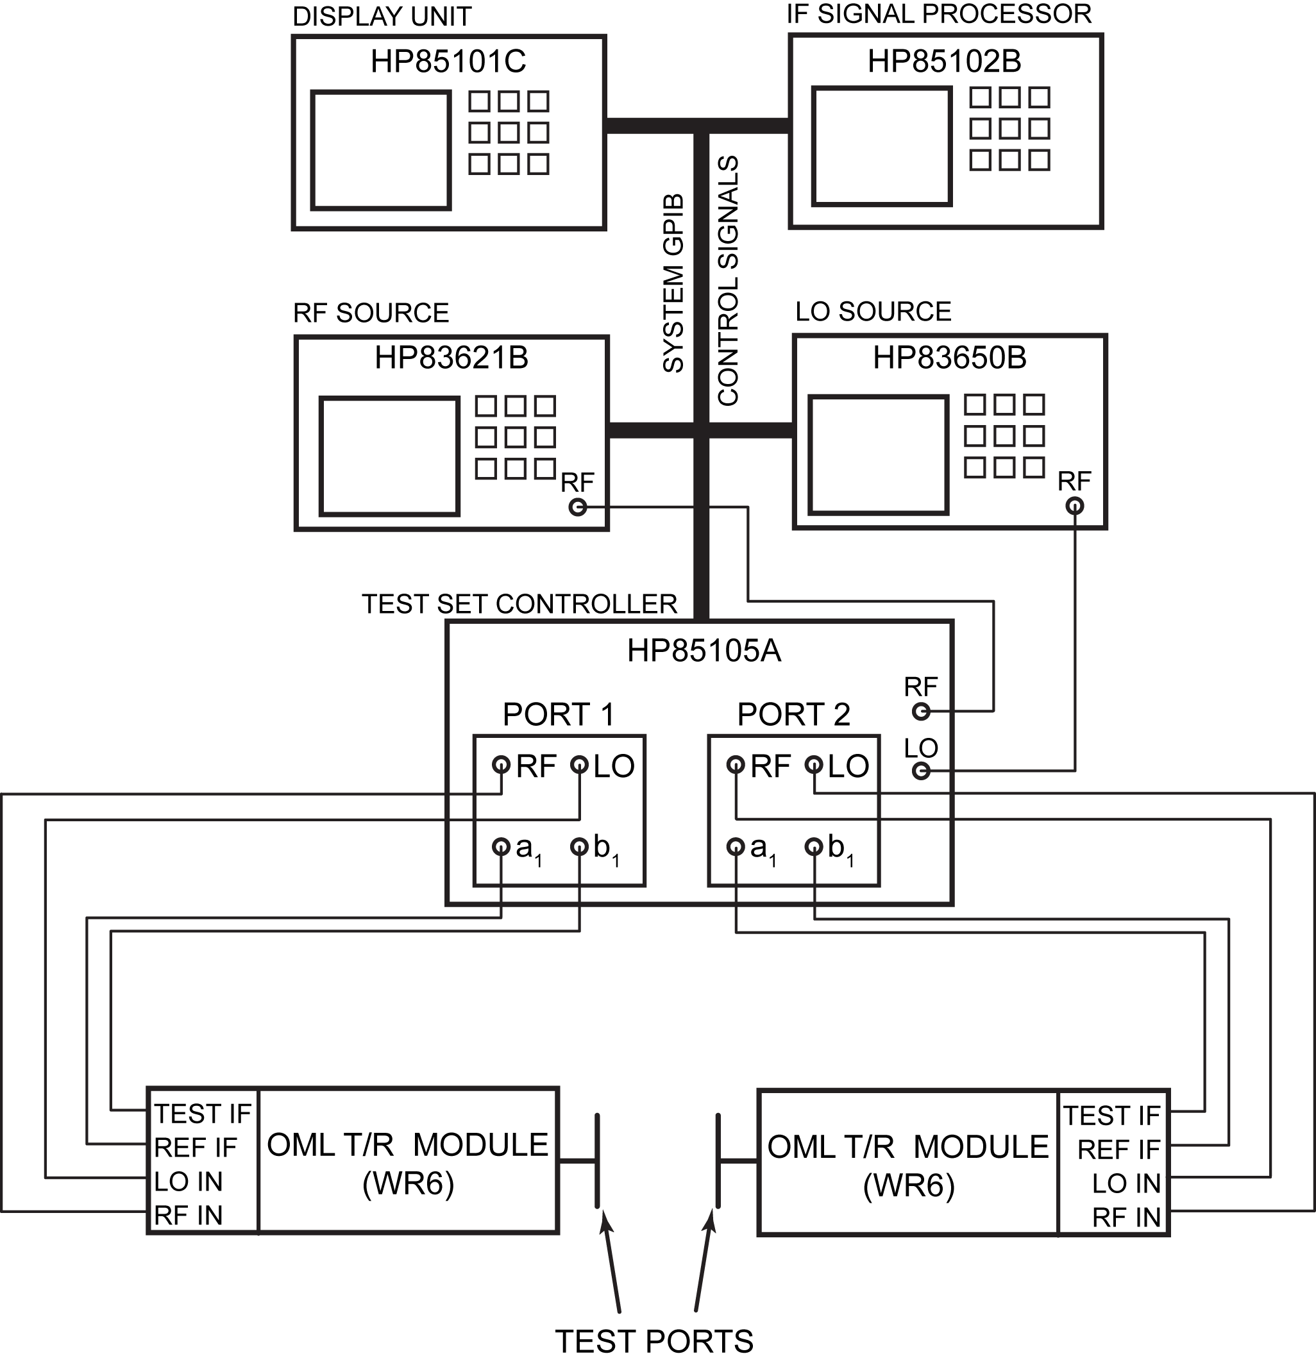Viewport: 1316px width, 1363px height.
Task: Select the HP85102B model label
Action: [944, 61]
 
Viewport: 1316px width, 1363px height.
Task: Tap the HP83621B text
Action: [451, 358]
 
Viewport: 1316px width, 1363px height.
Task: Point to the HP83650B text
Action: [949, 358]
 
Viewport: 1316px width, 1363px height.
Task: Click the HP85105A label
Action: [704, 651]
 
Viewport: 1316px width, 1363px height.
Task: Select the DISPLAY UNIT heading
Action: [382, 17]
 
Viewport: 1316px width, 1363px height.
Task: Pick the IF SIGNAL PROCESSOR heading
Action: [939, 14]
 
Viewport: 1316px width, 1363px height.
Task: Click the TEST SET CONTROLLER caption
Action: [519, 604]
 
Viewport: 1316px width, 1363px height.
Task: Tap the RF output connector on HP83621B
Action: [577, 507]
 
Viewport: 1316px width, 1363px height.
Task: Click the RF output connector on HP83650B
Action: [1075, 506]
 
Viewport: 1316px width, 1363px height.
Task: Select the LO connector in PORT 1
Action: [579, 765]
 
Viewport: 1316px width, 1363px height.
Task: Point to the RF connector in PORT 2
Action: [736, 765]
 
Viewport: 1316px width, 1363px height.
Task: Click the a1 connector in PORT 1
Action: [501, 846]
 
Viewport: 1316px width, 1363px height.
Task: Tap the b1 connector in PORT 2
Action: [814, 846]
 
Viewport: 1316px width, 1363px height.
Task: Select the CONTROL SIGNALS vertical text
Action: [727, 280]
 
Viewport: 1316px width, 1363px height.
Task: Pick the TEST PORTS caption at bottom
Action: [654, 1341]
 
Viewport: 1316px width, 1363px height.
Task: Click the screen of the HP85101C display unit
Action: [380, 150]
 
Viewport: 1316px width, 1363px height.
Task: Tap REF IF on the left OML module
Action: [196, 1147]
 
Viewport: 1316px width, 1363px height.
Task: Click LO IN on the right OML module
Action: [1126, 1183]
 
